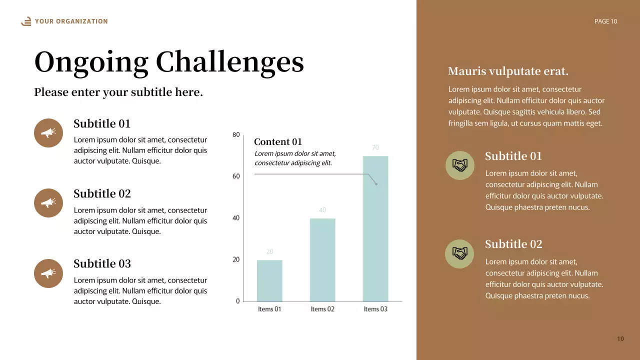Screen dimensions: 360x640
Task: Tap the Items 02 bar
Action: coord(322,259)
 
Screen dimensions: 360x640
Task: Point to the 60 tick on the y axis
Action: coord(236,176)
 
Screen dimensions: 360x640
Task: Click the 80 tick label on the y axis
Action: coord(236,134)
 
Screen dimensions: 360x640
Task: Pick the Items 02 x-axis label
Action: coord(322,309)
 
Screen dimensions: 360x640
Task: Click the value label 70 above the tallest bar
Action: coord(375,147)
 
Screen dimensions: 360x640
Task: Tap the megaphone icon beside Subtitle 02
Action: coord(48,203)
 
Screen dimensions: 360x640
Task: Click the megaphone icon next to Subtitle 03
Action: coord(48,273)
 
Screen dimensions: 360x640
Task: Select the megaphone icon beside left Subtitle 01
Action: coord(48,133)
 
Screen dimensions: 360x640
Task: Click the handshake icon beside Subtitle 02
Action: coord(459,253)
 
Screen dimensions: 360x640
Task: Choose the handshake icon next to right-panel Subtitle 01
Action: coord(459,165)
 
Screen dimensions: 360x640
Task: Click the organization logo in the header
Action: coord(26,21)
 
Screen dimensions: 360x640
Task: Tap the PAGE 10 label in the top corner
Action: coord(605,21)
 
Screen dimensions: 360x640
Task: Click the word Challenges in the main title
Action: coord(229,63)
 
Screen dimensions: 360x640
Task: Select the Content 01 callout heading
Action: coord(278,142)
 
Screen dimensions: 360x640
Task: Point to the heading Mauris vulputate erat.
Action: coord(508,71)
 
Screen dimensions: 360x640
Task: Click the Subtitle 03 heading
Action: coord(102,263)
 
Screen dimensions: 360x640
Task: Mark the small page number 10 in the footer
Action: coord(620,339)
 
